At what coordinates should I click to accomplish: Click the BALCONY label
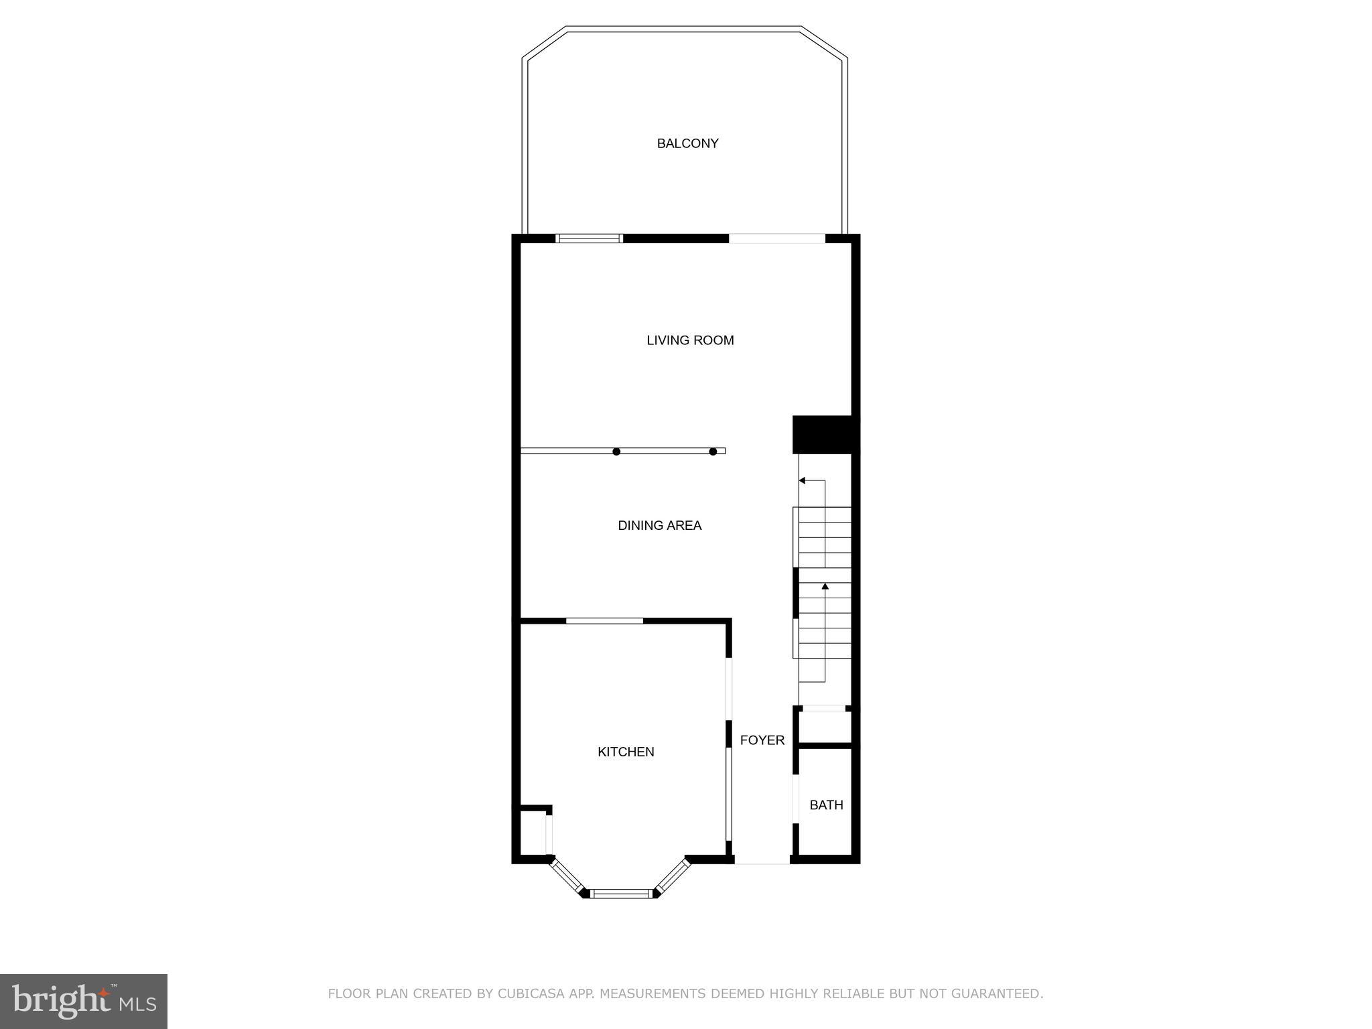click(687, 143)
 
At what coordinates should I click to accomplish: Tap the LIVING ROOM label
click(690, 340)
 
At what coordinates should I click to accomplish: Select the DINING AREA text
click(659, 526)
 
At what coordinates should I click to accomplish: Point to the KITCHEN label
click(626, 752)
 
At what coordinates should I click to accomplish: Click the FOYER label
click(762, 740)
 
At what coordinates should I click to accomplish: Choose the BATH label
click(826, 805)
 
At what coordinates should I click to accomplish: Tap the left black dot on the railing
click(616, 452)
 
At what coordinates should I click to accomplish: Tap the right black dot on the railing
click(713, 452)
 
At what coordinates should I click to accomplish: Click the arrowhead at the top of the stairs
click(802, 480)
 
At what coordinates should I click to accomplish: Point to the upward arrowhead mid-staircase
click(825, 587)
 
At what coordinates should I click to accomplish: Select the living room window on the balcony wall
click(590, 238)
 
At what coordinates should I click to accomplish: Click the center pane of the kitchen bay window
click(621, 893)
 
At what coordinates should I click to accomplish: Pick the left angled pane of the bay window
click(567, 876)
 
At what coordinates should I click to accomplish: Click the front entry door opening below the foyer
click(762, 861)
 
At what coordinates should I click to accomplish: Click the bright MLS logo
click(84, 1002)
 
